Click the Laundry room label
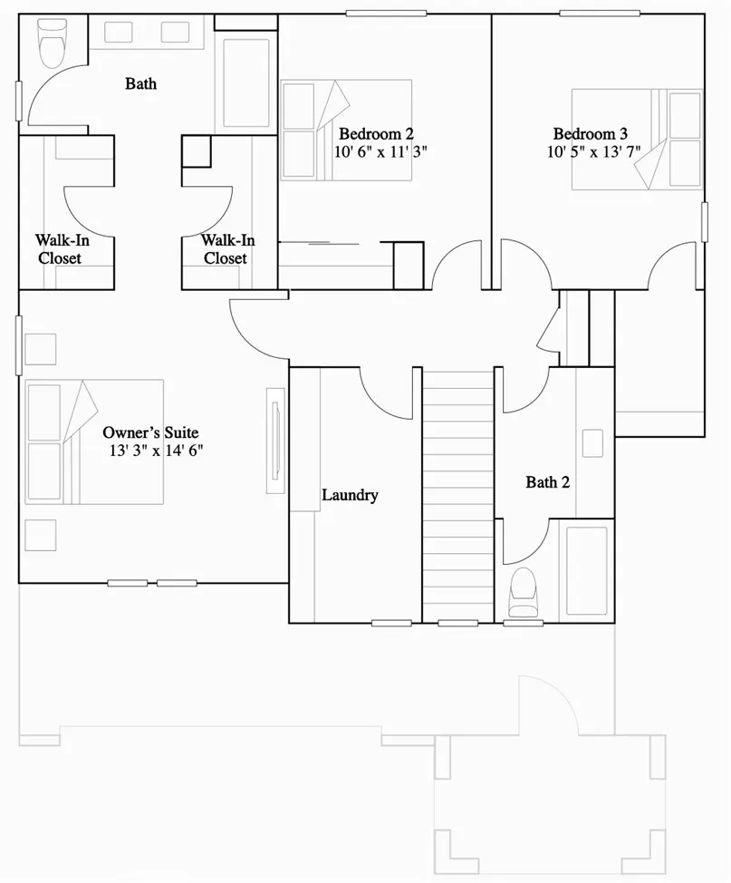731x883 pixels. click(x=350, y=495)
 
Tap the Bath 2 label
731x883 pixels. click(x=547, y=482)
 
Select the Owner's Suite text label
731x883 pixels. click(x=150, y=432)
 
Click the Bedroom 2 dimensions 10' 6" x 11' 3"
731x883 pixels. click(x=380, y=152)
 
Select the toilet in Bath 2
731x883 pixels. click(x=524, y=594)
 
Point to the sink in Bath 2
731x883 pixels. click(x=592, y=443)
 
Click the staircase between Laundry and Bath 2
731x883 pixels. click(x=457, y=494)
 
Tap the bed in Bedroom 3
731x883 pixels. click(x=636, y=139)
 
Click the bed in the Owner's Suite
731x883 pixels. click(x=94, y=441)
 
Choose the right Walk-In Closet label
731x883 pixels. click(x=226, y=249)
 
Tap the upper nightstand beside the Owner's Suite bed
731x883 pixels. click(x=40, y=349)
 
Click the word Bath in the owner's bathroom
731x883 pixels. click(x=140, y=83)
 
